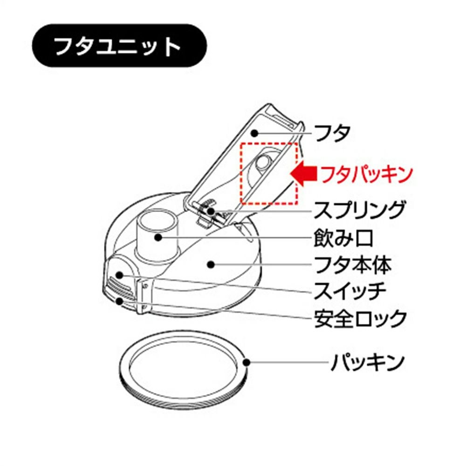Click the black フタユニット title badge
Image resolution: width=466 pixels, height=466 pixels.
pos(119,46)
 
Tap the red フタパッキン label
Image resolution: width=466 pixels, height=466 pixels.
pos(367,175)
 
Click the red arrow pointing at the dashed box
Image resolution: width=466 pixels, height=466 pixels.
pos(303,174)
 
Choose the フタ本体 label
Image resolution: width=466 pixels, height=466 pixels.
pos(353,265)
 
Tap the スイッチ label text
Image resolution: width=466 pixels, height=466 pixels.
pos(350,291)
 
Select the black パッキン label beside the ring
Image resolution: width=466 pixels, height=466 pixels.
pos(368,362)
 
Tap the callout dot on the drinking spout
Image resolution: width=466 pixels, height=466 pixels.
pos(158,237)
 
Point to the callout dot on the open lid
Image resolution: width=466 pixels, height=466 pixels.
pos(254,133)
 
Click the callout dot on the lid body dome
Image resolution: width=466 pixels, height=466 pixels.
pos(211,264)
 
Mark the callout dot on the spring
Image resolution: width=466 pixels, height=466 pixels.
pos(211,211)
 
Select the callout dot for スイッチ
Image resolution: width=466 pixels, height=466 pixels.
pos(120,275)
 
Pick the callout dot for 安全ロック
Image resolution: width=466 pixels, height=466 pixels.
pos(120,301)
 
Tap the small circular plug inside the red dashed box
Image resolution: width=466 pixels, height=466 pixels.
pos(264,162)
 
